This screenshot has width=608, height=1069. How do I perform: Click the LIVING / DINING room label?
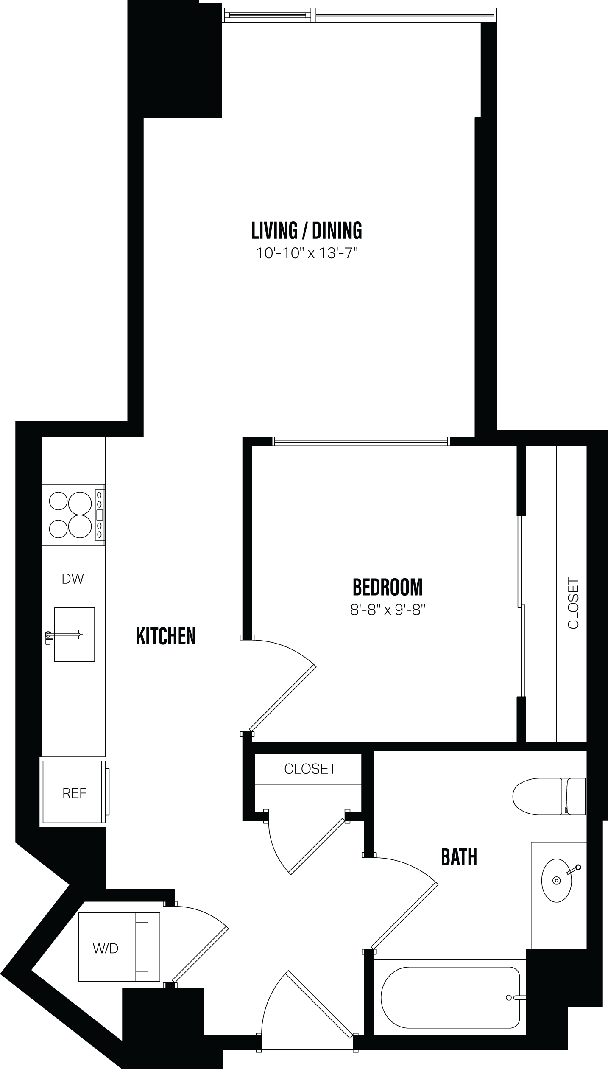307,231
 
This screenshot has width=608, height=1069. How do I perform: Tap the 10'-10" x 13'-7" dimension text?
307,254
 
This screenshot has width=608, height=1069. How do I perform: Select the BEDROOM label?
388,588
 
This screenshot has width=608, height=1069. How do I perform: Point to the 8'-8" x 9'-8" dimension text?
388,610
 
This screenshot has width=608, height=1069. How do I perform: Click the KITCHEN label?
166,636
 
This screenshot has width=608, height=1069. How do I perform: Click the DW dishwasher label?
73,579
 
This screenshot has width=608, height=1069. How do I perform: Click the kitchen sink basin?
74,635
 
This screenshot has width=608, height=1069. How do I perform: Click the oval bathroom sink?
556,881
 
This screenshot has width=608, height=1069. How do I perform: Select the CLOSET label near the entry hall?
310,769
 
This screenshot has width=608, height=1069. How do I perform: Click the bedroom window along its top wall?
360,442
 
